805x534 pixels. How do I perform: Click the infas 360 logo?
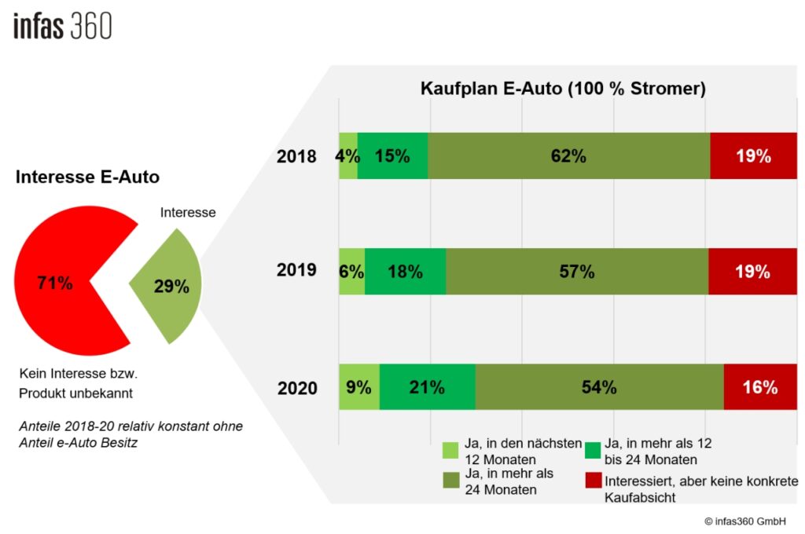pyautogui.click(x=63, y=26)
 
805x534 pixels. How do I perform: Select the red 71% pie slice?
pyautogui.click(x=59, y=283)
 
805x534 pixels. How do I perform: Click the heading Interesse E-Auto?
pyautogui.click(x=87, y=177)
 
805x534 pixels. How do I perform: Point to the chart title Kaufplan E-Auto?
pyautogui.click(x=563, y=89)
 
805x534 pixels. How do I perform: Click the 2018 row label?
pyautogui.click(x=296, y=156)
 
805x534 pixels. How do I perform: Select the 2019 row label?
pyautogui.click(x=296, y=271)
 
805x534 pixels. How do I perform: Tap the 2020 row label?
pyautogui.click(x=297, y=388)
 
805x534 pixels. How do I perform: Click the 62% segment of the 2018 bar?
pyautogui.click(x=568, y=156)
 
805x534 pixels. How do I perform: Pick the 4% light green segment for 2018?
pyautogui.click(x=347, y=156)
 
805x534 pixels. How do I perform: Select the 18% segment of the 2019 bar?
pyautogui.click(x=405, y=272)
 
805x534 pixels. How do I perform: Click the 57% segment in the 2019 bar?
pyautogui.click(x=576, y=272)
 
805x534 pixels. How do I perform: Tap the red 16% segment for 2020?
pyautogui.click(x=759, y=387)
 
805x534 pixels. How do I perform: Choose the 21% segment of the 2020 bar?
pyautogui.click(x=427, y=387)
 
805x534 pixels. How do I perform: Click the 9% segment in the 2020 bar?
pyautogui.click(x=358, y=387)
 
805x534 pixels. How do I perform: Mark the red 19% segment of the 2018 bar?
pyautogui.click(x=752, y=156)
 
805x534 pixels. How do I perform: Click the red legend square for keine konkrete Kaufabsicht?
pyautogui.click(x=594, y=480)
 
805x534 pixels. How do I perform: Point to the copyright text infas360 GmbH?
pyautogui.click(x=744, y=521)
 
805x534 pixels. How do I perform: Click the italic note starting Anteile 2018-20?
pyautogui.click(x=131, y=433)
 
